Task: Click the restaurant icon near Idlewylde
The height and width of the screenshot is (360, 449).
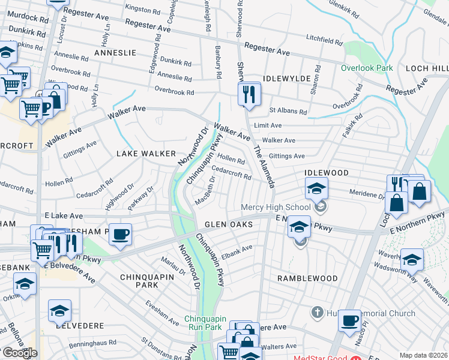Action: [248, 94]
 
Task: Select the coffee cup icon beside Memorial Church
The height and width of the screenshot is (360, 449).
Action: [350, 320]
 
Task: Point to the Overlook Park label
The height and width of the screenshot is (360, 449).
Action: [367, 68]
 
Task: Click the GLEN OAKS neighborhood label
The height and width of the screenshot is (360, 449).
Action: [229, 224]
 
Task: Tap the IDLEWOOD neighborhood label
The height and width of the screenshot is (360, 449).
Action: [327, 173]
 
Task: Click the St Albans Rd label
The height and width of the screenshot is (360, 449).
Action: [288, 111]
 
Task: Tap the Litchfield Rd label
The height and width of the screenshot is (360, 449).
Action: [324, 40]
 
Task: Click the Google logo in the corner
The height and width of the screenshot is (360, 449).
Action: [19, 353]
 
